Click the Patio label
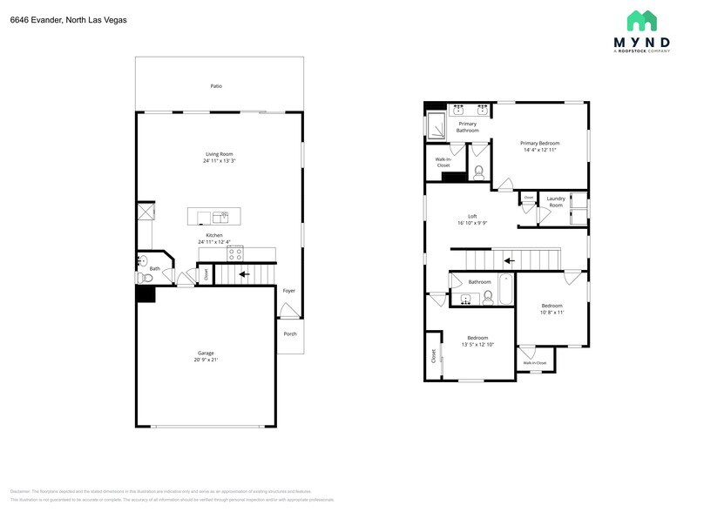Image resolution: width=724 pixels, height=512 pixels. pos(216,86)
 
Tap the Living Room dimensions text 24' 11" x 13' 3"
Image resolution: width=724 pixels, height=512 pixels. pos(219,161)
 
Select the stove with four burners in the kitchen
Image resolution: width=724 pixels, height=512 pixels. pos(235,254)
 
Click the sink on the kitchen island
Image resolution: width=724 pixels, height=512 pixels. pos(220,216)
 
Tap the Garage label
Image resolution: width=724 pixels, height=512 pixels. pos(206,353)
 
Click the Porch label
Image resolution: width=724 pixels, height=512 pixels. pos(290,333)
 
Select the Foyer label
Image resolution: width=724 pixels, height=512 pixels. pos(289,290)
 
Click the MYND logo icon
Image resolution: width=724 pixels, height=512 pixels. pos(641,21)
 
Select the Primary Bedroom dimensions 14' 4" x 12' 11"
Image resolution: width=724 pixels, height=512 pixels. pos(540,150)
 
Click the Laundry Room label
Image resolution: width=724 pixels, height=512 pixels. pos(555,202)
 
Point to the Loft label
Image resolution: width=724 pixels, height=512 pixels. pos(472,216)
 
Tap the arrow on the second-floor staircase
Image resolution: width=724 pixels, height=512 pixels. pos(510,259)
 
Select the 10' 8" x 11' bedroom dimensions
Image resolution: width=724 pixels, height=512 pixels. pos(551,313)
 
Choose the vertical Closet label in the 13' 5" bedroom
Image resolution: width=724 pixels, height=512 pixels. pos(432,356)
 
